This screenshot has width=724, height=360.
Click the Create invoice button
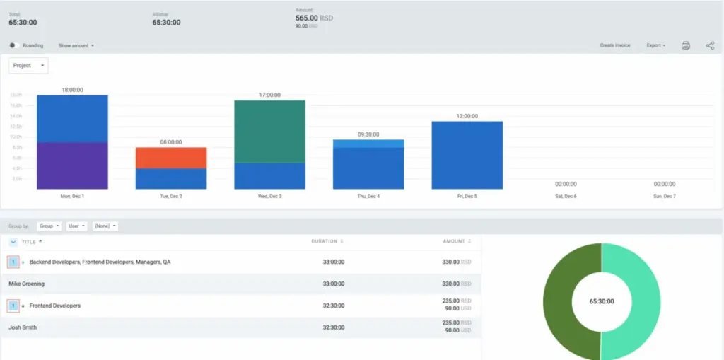coord(614,45)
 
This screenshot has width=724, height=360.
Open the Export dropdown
coord(655,45)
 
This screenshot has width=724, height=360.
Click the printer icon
coord(685,45)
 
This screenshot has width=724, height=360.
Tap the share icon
coord(710,45)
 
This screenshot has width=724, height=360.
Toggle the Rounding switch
coord(13,45)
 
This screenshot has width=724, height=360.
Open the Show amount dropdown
coord(76,45)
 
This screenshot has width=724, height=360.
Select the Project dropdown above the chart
coord(28,65)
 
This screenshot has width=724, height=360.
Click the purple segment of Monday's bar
coord(72,166)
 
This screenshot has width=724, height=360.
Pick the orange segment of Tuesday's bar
coord(170,158)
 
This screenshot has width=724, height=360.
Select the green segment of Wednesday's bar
coord(269,132)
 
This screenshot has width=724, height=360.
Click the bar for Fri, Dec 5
coord(467,155)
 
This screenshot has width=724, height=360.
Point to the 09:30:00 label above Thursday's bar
coord(368,134)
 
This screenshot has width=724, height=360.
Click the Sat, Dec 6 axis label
coord(565,196)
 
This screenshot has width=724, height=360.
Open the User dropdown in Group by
coord(76,226)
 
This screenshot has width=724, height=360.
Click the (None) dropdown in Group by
coord(105,226)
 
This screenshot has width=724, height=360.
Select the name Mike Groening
coord(26,284)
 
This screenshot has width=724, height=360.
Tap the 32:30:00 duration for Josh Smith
coord(333,327)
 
